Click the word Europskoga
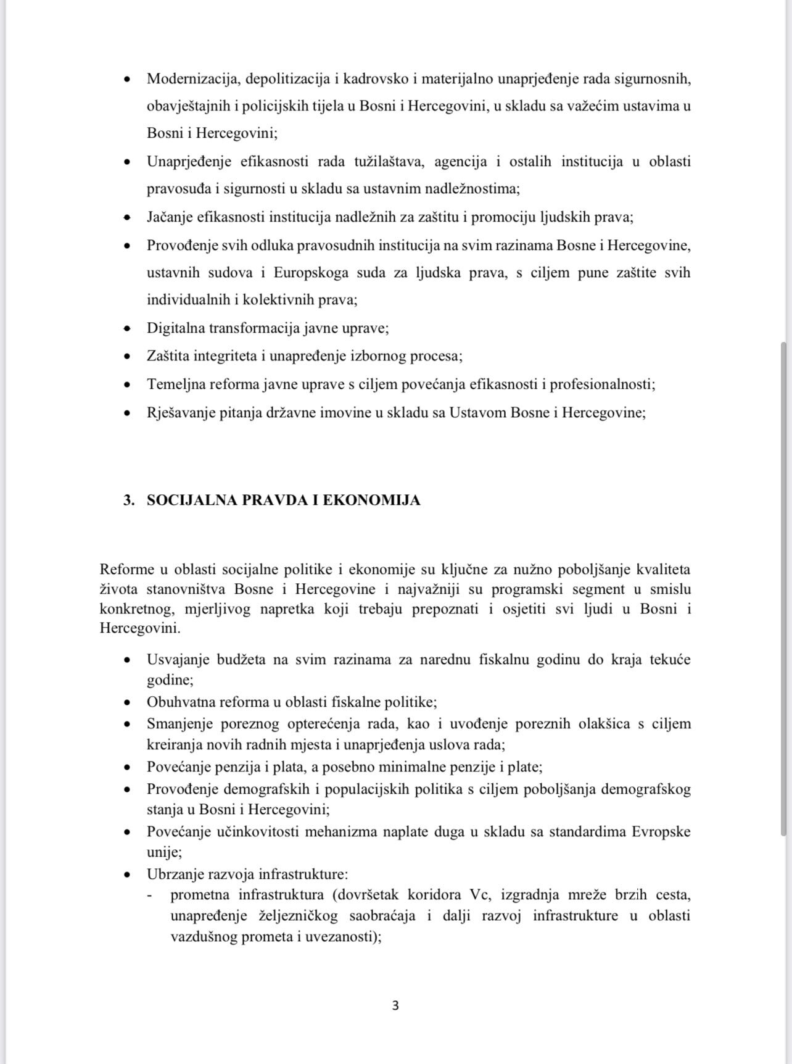[x=311, y=273]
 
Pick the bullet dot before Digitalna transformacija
[x=127, y=329]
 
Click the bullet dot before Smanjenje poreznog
[x=127, y=724]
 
